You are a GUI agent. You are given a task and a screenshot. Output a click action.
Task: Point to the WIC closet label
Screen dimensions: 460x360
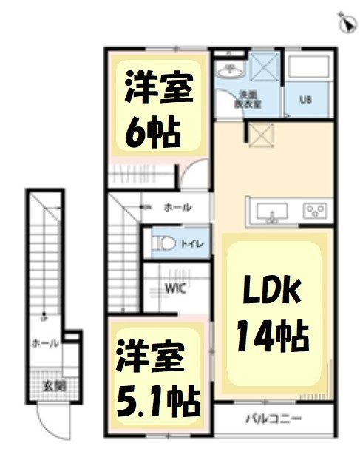175,288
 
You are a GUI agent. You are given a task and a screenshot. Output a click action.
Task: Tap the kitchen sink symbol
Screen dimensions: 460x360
273,212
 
